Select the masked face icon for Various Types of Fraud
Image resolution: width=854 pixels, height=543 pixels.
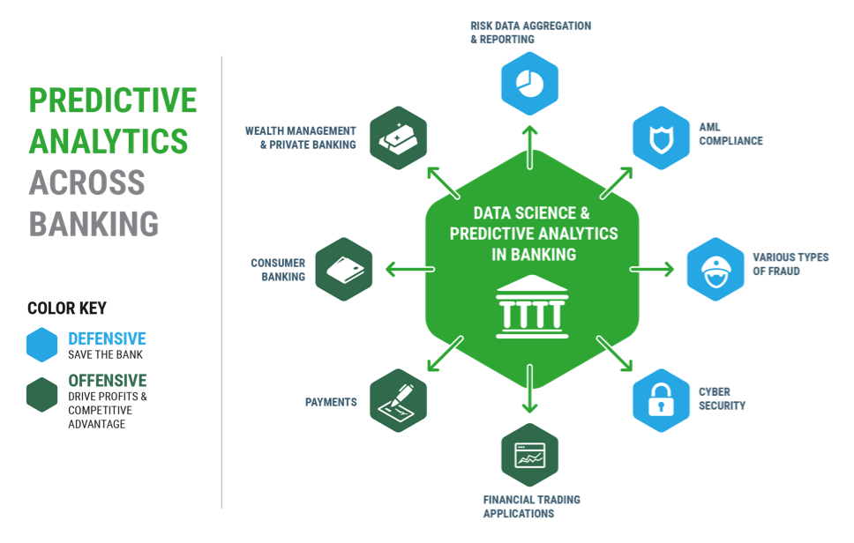point(715,268)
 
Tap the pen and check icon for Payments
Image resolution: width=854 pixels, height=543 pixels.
point(398,400)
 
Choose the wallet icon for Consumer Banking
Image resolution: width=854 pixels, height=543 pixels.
point(343,268)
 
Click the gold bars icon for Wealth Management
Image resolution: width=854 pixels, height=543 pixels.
point(397,137)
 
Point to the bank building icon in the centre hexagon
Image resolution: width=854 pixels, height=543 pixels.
point(529,309)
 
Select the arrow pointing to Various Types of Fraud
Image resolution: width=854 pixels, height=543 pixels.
point(652,268)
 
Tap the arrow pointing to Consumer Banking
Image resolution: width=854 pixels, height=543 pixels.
point(405,268)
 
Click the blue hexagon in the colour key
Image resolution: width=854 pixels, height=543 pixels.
point(41,345)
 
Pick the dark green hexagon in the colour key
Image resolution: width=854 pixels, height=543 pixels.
point(41,394)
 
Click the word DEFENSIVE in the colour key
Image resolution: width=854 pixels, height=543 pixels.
point(107,338)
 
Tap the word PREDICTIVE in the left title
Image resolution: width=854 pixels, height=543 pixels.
point(113,100)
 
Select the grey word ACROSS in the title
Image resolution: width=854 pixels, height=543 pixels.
point(86,182)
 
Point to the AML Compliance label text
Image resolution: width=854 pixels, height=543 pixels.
point(730,134)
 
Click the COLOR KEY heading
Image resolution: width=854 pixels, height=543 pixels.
point(67,309)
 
